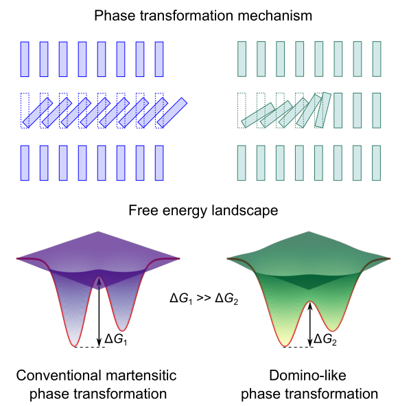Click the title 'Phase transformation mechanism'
pyautogui.click(x=203, y=16)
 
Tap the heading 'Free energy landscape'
pyautogui.click(x=203, y=210)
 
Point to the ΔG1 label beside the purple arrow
pyautogui.click(x=116, y=339)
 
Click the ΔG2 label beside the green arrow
pyautogui.click(x=325, y=339)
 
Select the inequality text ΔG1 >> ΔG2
pyautogui.click(x=204, y=298)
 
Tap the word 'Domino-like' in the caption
pyautogui.click(x=307, y=375)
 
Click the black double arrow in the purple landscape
pyautogui.click(x=99, y=312)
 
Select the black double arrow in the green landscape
pyautogui.click(x=310, y=324)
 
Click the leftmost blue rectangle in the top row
pyautogui.click(x=25, y=59)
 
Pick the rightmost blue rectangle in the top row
pyautogui.click(x=159, y=59)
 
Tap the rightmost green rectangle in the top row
pyautogui.click(x=377, y=59)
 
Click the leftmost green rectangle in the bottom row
pyautogui.click(x=242, y=163)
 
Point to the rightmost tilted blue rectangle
pyautogui.click(x=172, y=113)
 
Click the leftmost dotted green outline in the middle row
pyautogui.click(x=242, y=111)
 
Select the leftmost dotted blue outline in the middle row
pyautogui.click(x=25, y=111)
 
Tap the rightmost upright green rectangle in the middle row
pyautogui.click(x=377, y=111)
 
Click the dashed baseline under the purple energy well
pyautogui.click(x=90, y=347)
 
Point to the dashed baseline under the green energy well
pyautogui.click(x=298, y=347)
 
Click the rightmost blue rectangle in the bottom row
pyautogui.click(x=159, y=163)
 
